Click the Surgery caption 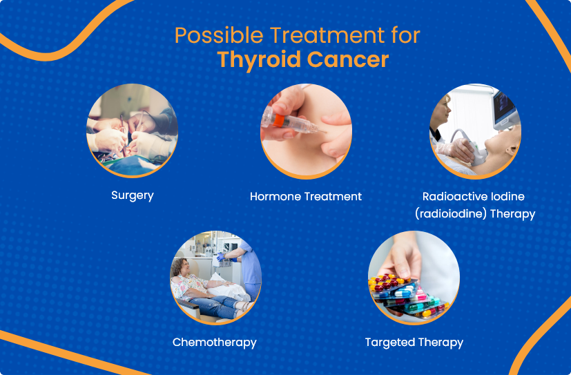pyautogui.click(x=132, y=195)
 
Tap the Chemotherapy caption pyautogui.click(x=214, y=343)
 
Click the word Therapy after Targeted pyautogui.click(x=441, y=343)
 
